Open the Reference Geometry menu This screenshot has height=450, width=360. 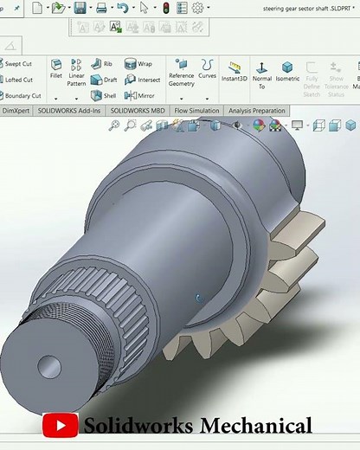[x=181, y=73]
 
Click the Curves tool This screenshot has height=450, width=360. [x=208, y=69]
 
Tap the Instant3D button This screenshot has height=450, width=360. [x=234, y=71]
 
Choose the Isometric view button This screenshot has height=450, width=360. [x=287, y=71]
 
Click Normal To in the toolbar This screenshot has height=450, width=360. [x=261, y=73]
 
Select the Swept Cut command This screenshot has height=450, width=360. [x=18, y=64]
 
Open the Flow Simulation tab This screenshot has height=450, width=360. [x=196, y=112]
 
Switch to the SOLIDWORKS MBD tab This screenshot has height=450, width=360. [x=138, y=112]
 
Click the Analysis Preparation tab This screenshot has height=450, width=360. [x=256, y=112]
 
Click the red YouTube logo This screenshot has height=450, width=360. [x=60, y=426]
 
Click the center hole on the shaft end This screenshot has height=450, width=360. [x=49, y=368]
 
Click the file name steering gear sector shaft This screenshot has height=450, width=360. [x=304, y=8]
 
